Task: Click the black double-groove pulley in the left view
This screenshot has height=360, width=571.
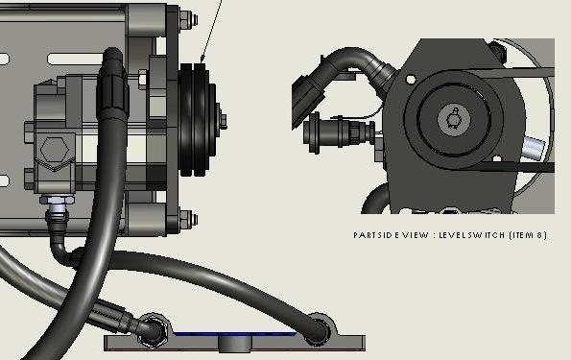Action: (195, 120)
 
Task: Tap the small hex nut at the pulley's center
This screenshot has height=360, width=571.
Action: (222, 119)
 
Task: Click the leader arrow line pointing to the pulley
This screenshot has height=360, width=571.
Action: (211, 32)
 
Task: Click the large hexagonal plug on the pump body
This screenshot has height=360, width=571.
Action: (55, 150)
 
